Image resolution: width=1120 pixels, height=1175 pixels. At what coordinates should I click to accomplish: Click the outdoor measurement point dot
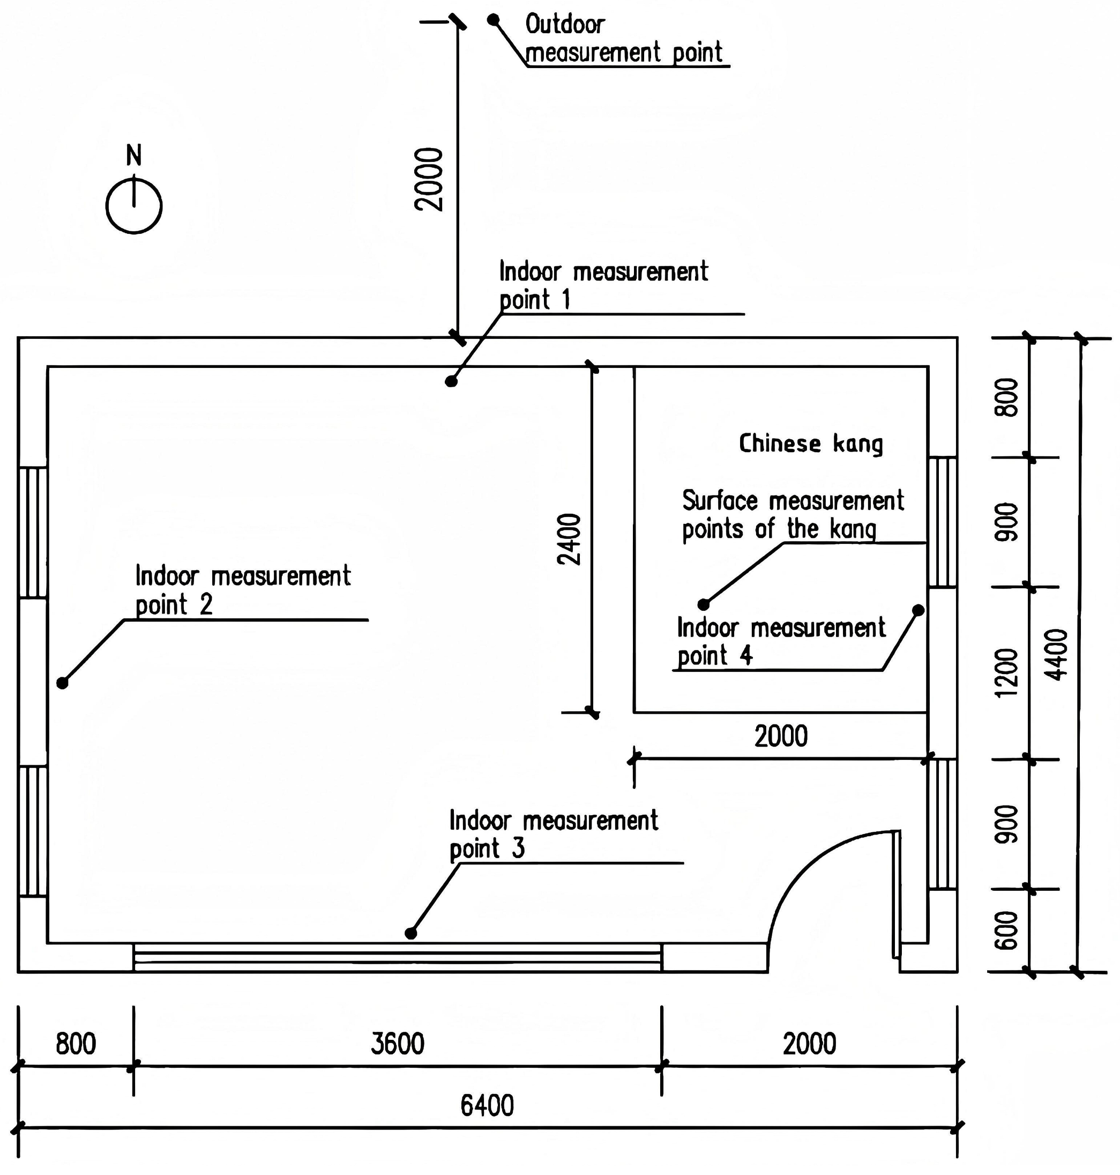[x=493, y=20]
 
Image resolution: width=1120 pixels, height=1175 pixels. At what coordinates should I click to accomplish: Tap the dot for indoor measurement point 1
[x=451, y=381]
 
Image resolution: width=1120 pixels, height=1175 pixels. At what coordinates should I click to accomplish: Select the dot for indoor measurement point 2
[x=62, y=682]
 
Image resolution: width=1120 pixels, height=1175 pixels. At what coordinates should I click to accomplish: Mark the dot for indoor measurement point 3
[x=410, y=933]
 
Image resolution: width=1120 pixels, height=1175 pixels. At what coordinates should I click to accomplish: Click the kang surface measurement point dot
[x=704, y=604]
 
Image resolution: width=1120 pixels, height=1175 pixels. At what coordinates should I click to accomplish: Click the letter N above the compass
[x=134, y=156]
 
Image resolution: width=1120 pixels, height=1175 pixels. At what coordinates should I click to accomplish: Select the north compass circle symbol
[x=134, y=205]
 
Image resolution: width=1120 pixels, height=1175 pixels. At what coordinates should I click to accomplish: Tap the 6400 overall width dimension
[x=487, y=1106]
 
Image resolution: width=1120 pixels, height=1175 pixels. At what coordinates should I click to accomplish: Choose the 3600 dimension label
[x=397, y=1044]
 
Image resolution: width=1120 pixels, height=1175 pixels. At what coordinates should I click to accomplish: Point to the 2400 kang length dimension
[x=569, y=539]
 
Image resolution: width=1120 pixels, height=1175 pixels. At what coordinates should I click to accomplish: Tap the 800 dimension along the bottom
[x=76, y=1044]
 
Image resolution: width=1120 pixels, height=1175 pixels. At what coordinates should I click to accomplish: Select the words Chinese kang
[x=811, y=444]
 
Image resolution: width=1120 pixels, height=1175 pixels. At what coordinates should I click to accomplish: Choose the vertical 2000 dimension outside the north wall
[x=429, y=179]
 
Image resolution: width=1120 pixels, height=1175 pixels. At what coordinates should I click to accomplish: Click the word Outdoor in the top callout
[x=565, y=25]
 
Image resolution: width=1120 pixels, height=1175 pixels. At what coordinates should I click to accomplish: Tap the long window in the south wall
[x=398, y=958]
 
